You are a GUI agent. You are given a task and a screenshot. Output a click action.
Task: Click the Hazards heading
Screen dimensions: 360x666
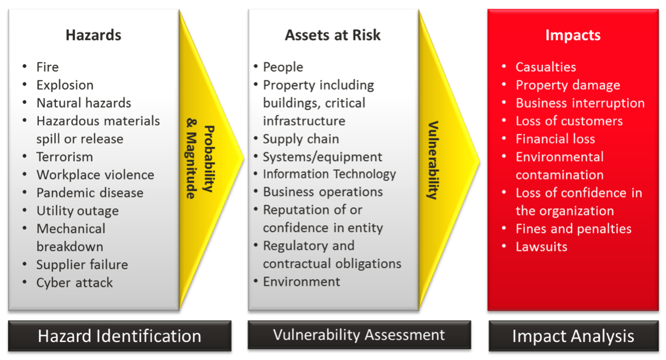(93, 35)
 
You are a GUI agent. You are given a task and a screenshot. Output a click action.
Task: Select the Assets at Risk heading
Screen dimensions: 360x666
(332, 35)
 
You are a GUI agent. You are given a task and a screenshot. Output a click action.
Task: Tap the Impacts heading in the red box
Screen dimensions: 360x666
(572, 35)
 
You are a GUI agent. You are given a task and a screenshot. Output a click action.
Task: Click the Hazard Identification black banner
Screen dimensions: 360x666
(119, 336)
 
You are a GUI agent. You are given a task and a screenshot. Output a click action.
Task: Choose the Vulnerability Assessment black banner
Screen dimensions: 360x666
(359, 335)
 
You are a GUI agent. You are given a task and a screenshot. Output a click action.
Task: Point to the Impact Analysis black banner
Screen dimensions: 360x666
(573, 336)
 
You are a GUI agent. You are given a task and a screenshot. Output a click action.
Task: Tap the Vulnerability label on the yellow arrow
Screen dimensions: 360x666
(433, 160)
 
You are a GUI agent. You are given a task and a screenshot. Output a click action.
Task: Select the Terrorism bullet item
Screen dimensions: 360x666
(64, 157)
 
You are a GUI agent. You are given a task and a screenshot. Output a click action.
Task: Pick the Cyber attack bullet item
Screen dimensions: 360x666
(75, 283)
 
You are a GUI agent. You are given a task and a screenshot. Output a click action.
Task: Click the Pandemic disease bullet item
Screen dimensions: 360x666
(90, 193)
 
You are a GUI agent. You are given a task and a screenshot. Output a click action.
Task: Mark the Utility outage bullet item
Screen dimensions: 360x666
(77, 211)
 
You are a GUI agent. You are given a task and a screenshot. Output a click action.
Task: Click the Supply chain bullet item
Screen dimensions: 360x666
(301, 139)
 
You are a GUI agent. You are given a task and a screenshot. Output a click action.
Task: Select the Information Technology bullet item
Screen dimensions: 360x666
(329, 174)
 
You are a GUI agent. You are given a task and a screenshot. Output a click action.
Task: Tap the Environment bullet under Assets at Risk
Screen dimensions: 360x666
(301, 282)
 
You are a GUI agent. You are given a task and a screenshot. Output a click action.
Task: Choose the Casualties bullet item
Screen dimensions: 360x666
(545, 67)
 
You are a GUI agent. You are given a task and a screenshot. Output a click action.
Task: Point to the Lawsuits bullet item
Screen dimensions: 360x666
(541, 247)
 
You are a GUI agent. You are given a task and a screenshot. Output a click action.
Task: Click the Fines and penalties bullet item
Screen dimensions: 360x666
(573, 229)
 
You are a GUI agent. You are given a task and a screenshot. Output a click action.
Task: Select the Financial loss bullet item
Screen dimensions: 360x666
(555, 139)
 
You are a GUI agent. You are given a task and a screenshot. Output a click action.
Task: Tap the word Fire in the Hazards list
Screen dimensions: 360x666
(47, 67)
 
